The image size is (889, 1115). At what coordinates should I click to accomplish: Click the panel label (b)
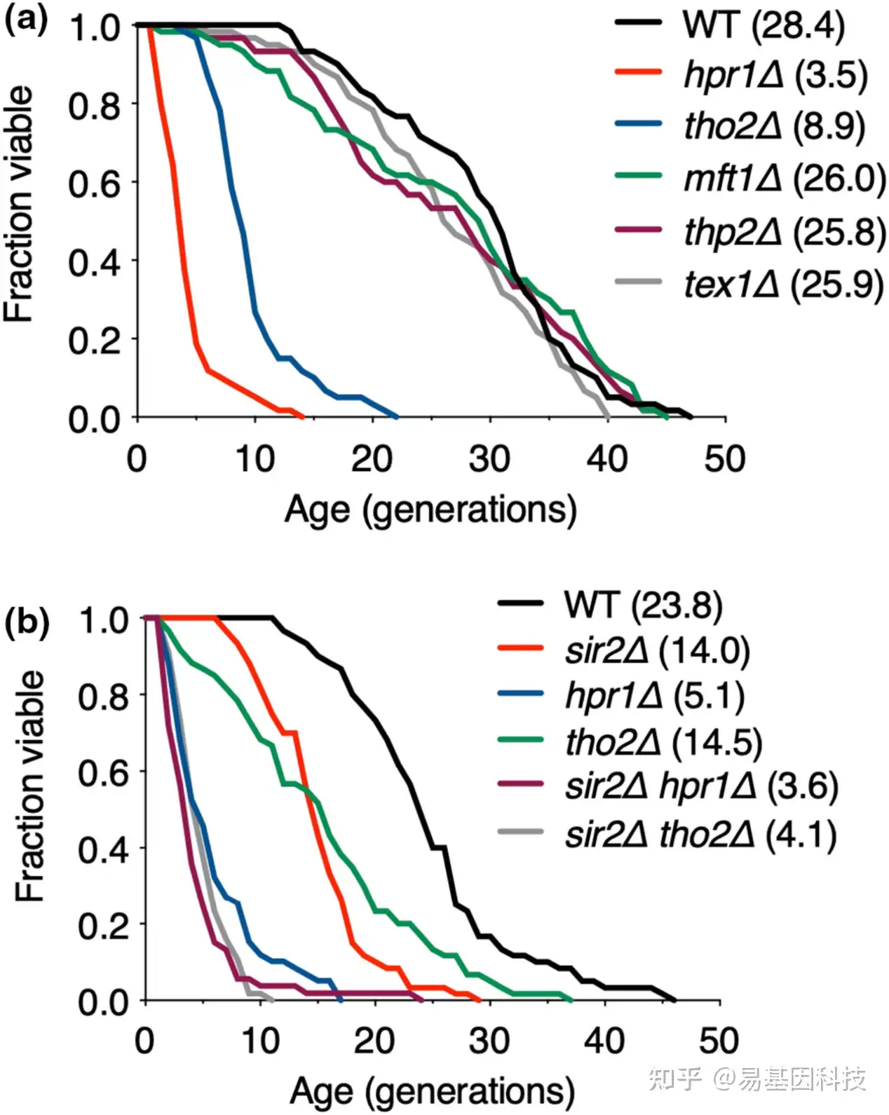[27, 622]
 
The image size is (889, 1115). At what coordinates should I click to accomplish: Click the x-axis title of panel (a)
[430, 509]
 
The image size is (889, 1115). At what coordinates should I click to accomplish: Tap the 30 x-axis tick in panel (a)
[489, 459]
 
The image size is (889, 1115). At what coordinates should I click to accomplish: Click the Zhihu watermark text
[757, 1078]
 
